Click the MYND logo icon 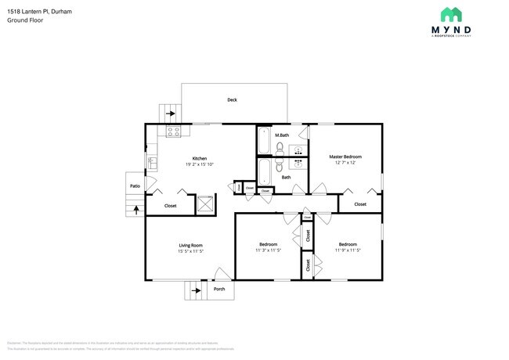(451, 14)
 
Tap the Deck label (232, 100)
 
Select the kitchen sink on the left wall (152, 162)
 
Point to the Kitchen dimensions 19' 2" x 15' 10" (200, 164)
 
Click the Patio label (135, 186)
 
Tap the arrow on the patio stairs (136, 209)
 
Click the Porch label (219, 290)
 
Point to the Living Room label (190, 245)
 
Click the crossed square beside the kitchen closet (205, 203)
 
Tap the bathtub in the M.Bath (264, 142)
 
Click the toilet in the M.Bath (281, 146)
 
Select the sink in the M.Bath (298, 147)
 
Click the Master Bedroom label (345, 157)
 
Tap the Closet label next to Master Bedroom (360, 204)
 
